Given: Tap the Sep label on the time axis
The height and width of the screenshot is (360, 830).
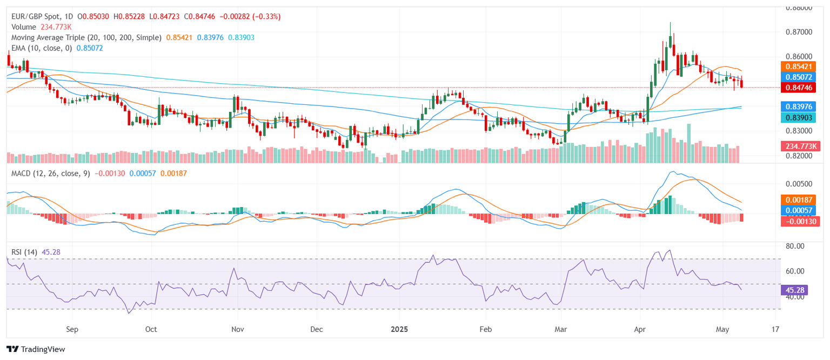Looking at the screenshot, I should coord(72,329).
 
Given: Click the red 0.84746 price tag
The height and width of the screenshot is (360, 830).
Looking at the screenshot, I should coord(801,87).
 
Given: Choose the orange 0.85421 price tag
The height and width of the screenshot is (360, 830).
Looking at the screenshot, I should coord(801,66).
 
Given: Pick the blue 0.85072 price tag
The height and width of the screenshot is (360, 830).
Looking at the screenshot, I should coord(801,77).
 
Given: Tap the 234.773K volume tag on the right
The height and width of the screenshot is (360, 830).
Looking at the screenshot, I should coord(801,146).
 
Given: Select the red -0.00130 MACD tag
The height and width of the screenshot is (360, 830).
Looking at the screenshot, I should coord(801,221).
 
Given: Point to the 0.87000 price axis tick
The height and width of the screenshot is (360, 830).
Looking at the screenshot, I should coord(800,32).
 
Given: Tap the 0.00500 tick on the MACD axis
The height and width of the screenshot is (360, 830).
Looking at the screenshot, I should coord(800,184).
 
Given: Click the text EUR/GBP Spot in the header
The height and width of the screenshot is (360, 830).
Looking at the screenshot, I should coord(36,17).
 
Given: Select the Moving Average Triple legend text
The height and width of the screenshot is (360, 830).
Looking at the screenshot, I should coord(86,37).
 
